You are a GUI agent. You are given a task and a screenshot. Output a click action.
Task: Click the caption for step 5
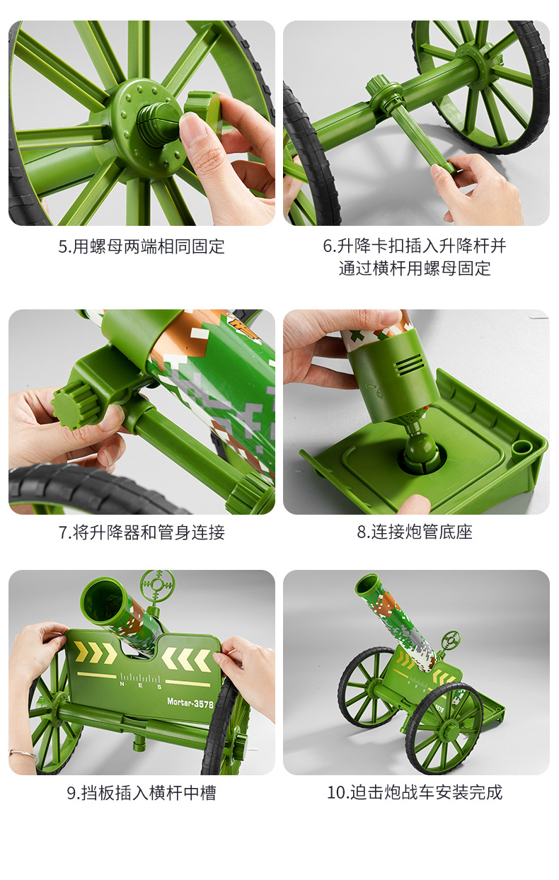[142, 247]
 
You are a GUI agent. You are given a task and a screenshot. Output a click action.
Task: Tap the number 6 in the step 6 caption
[328, 246]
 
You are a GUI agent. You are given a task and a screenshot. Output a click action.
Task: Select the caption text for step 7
[142, 532]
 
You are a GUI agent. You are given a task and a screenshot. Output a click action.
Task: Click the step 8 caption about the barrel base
[415, 532]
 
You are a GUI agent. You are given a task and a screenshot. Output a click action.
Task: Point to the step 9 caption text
[142, 793]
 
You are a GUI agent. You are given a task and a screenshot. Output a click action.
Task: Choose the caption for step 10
[415, 792]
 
